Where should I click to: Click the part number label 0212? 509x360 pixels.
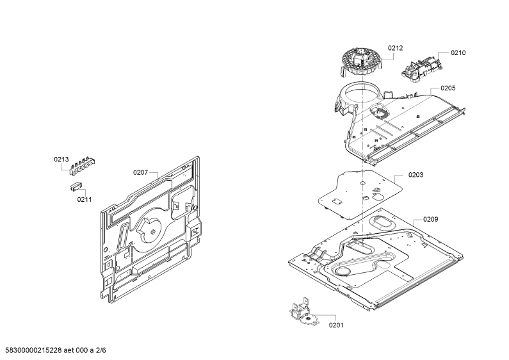(x=395, y=48)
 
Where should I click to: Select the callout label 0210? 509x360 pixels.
(x=458, y=53)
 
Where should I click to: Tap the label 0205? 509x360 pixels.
(x=448, y=88)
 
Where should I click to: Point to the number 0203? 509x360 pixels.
(x=416, y=175)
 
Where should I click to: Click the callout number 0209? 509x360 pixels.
(x=430, y=220)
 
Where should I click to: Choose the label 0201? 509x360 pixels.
(x=336, y=325)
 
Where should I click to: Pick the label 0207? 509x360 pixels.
(x=141, y=172)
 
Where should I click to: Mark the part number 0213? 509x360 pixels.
(x=61, y=160)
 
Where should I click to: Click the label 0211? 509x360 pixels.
(x=85, y=199)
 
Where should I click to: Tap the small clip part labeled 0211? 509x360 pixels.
(x=76, y=187)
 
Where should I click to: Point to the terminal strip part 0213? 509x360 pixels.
(x=83, y=166)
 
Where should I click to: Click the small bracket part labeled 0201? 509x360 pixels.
(x=304, y=313)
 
